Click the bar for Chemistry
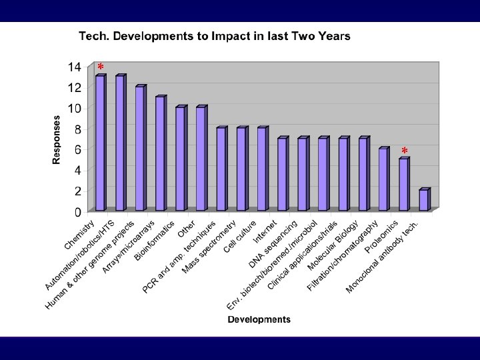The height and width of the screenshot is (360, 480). pyautogui.click(x=100, y=143)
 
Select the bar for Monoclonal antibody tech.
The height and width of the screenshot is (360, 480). pyautogui.click(x=424, y=200)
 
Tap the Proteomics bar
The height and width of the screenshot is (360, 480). pyautogui.click(x=404, y=185)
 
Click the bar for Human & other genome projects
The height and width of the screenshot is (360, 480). pyautogui.click(x=140, y=148)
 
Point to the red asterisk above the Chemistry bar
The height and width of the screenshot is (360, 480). pyautogui.click(x=101, y=67)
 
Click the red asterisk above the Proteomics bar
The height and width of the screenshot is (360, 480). pyautogui.click(x=405, y=151)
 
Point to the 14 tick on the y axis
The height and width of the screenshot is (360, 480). pyautogui.click(x=74, y=67)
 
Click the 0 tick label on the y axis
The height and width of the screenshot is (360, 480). pyautogui.click(x=78, y=211)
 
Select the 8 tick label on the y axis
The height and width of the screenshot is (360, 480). pyautogui.click(x=78, y=129)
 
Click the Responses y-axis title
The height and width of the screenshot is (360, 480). pyautogui.click(x=57, y=139)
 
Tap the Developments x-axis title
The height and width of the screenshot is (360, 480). pyautogui.click(x=259, y=319)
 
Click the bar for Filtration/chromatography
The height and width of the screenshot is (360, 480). pyautogui.click(x=383, y=179)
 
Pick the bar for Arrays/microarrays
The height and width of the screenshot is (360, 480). pyautogui.click(x=161, y=153)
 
